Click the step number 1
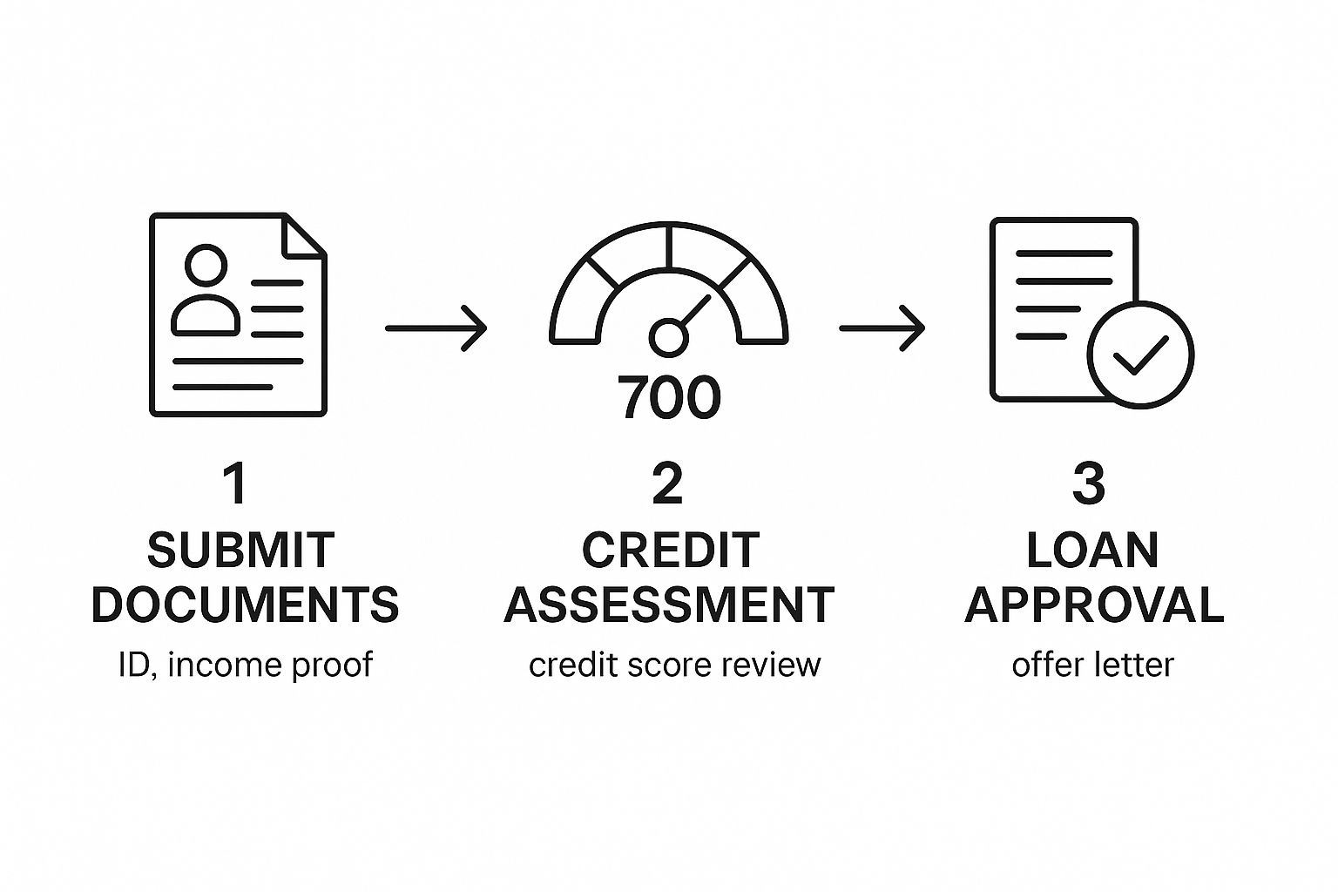pos(235,483)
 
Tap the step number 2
pos(667,483)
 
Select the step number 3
pos(1088,483)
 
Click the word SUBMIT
pos(240,550)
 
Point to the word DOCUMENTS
pos(245,605)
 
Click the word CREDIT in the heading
pos(670,550)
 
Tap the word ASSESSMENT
pos(669,605)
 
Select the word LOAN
pos(1092,550)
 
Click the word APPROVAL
pos(1094,605)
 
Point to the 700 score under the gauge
pos(669,397)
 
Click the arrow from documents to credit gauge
pos(436,328)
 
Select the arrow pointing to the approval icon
pos(882,328)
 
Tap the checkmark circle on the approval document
pos(1140,355)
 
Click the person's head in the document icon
pos(206,265)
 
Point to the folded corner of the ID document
pos(303,235)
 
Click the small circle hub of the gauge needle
pos(668,338)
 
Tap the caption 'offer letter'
pos(1092,665)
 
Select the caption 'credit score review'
pos(674,665)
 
